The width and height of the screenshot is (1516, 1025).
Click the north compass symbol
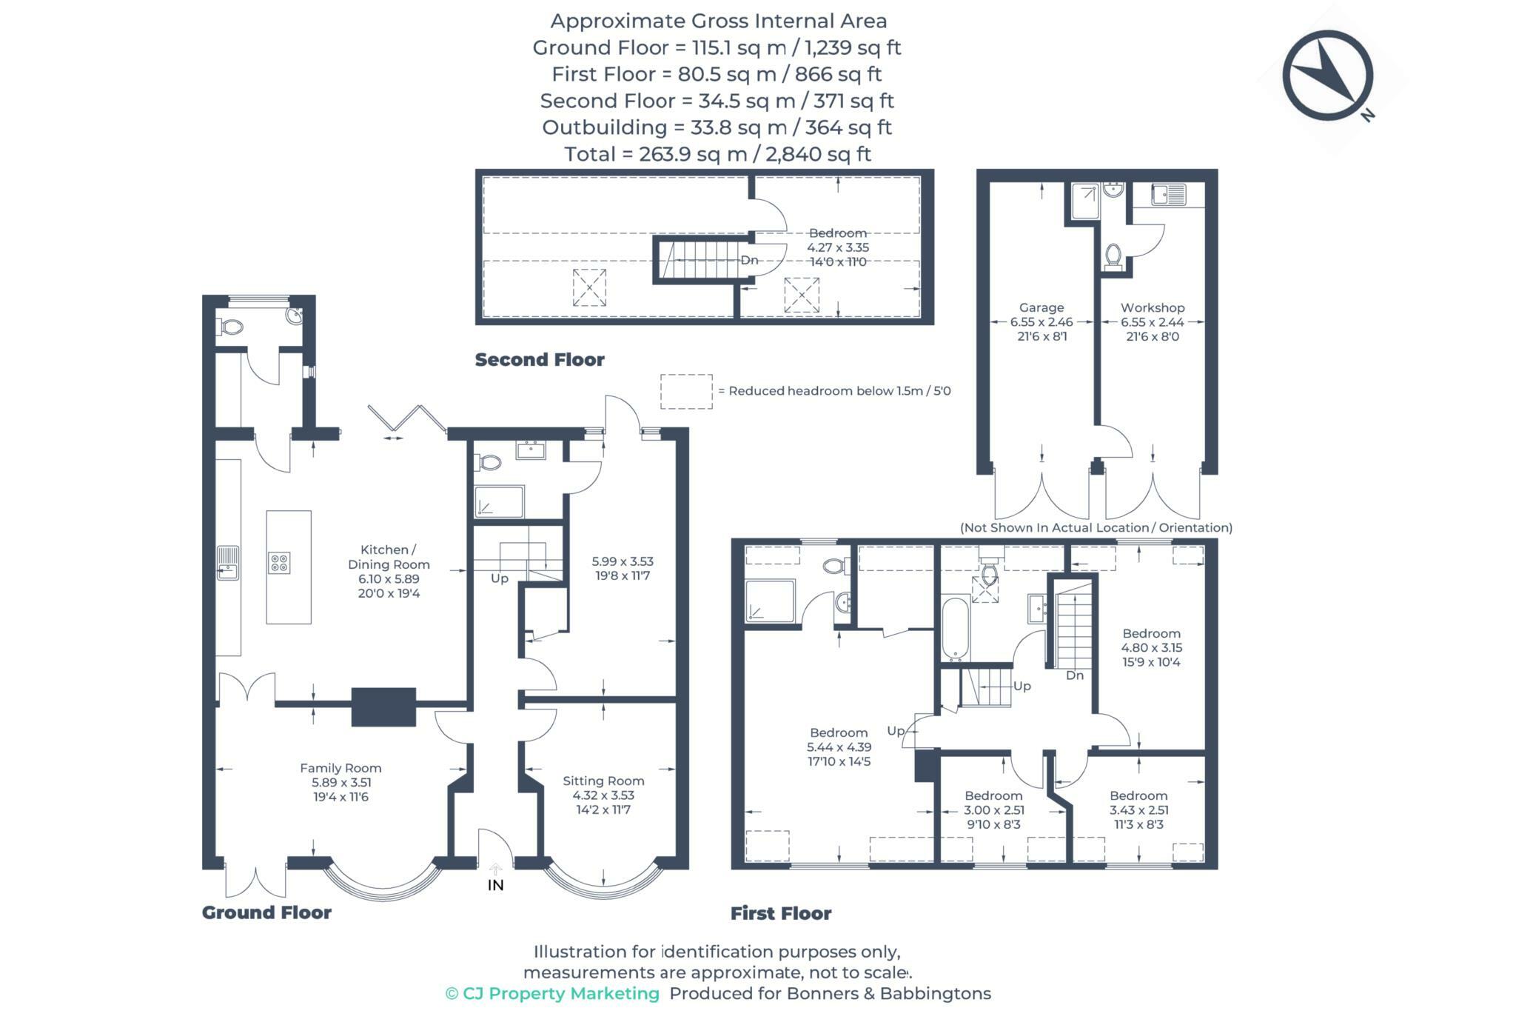[1328, 76]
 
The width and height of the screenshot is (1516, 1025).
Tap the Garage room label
[1042, 307]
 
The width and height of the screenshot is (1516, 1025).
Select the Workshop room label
[1153, 307]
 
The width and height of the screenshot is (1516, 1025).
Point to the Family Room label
[341, 768]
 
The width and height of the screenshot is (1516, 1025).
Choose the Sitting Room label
[603, 781]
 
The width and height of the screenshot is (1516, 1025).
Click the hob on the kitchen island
[279, 563]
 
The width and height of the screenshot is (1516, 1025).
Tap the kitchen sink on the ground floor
[228, 563]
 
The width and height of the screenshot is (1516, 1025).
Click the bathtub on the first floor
[956, 629]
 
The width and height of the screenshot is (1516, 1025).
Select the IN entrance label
[495, 885]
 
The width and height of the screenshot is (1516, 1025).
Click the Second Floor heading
[540, 360]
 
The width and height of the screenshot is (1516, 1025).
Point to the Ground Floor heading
[266, 912]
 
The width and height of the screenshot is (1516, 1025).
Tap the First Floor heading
[781, 913]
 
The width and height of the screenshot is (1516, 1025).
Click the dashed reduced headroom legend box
[686, 392]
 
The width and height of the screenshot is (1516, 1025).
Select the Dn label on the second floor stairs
[750, 260]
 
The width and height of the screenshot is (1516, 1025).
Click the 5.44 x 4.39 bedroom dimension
[839, 747]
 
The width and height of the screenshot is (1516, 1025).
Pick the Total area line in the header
[717, 154]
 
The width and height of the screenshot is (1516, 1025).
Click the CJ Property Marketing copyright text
[552, 994]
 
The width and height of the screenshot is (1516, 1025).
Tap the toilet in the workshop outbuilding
[1113, 256]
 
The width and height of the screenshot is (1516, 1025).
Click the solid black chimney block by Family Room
[383, 707]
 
